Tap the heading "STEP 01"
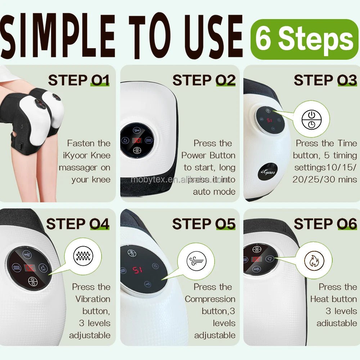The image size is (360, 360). point(78,80)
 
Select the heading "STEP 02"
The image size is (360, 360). point(204,80)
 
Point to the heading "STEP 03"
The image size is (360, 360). point(325,80)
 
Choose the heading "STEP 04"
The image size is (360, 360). point(78,224)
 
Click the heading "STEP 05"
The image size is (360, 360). point(204,224)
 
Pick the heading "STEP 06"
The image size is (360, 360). point(325,224)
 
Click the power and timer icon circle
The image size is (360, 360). point(311,119)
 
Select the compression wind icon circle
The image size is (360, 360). point(196,260)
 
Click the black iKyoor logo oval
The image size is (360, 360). point(267,172)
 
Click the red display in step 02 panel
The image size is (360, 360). point(138,141)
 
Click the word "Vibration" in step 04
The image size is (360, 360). point(93,299)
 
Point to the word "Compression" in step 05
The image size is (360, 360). point(210,299)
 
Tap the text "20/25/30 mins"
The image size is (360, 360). point(324,179)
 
